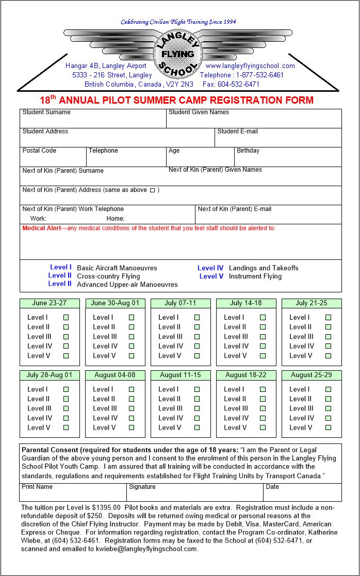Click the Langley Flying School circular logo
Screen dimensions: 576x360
click(177, 54)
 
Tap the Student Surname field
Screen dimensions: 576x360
click(93, 121)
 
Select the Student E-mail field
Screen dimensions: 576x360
click(278, 140)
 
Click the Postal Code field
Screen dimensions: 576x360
click(53, 159)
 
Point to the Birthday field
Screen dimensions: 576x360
click(288, 159)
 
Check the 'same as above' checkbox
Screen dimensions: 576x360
click(152, 190)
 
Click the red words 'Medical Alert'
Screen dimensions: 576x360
click(41, 228)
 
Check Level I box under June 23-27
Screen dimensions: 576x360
click(66, 318)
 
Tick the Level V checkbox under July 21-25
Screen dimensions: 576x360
click(328, 356)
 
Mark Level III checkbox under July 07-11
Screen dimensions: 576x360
click(197, 337)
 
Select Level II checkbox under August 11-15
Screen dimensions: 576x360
click(197, 399)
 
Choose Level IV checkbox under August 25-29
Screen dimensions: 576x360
click(328, 418)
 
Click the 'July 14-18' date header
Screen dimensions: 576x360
click(246, 303)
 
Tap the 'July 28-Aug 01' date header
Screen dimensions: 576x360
click(50, 375)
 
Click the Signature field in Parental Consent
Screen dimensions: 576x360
click(194, 494)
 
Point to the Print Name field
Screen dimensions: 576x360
click(73, 494)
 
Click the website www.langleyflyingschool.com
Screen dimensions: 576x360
click(250, 66)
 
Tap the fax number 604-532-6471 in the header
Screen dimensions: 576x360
click(238, 84)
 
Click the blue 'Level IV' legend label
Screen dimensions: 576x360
click(210, 268)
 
